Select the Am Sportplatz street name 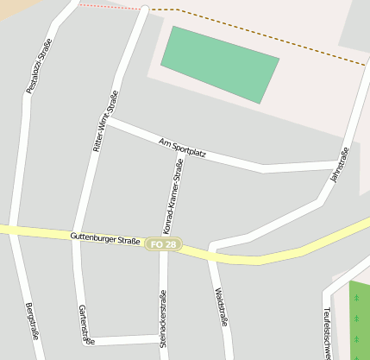point(182,148)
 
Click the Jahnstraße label point(339,163)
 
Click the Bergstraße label point(34,322)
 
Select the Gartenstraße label point(85,324)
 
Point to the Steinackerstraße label point(163,319)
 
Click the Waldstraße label point(223,306)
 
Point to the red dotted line point(108,7)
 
